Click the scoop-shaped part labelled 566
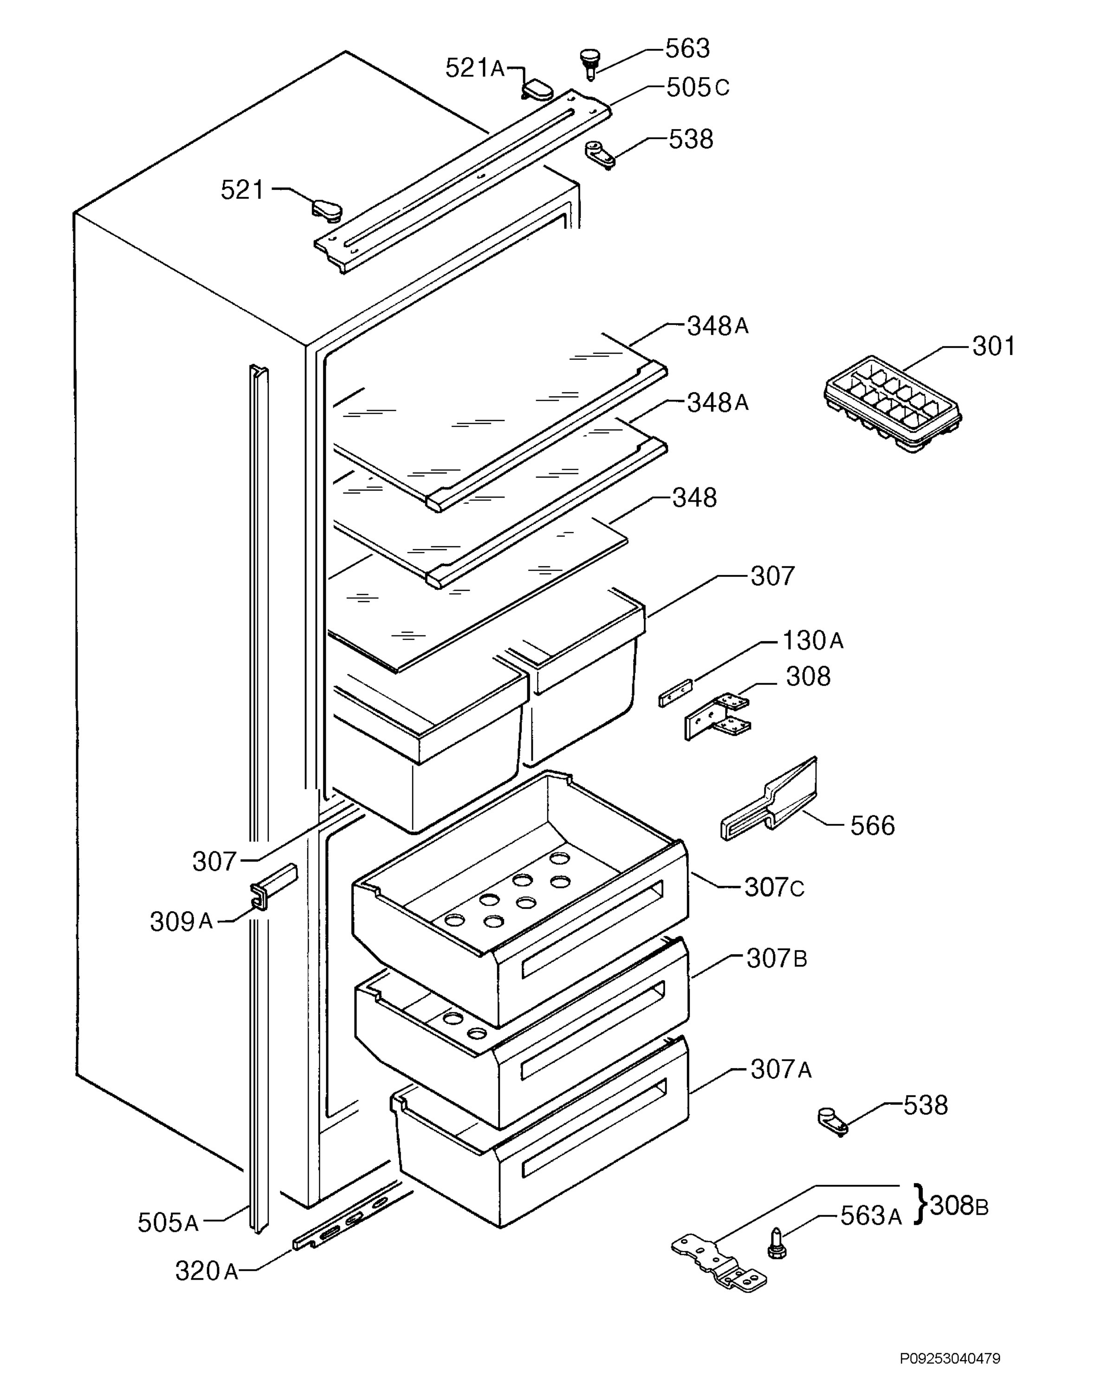tap(769, 799)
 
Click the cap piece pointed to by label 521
tap(326, 209)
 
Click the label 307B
tap(777, 977)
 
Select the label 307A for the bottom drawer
tap(781, 1070)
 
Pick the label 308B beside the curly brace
tap(959, 1205)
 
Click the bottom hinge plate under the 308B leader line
tap(719, 1259)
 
